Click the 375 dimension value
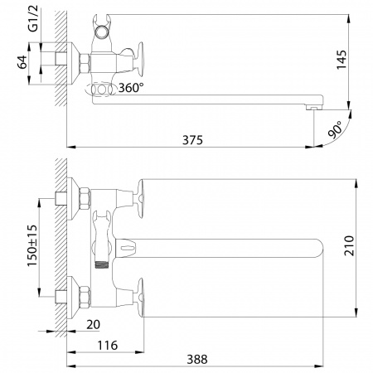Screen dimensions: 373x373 [192, 140]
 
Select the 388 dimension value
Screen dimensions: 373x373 [197, 360]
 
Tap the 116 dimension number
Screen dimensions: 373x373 [108, 346]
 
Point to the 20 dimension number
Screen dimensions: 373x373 [93, 325]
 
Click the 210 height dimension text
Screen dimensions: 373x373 [349, 245]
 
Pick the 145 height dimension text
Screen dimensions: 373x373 [342, 60]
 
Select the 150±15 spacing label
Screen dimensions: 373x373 [32, 245]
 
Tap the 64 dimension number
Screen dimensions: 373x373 [22, 62]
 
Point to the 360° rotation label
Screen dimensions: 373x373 [131, 88]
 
